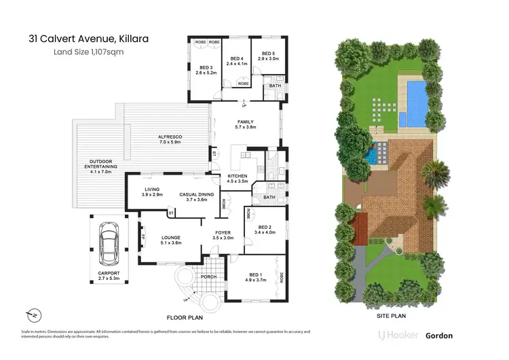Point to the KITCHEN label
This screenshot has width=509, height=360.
coord(237,178)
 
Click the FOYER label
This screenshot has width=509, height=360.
coord(223,234)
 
